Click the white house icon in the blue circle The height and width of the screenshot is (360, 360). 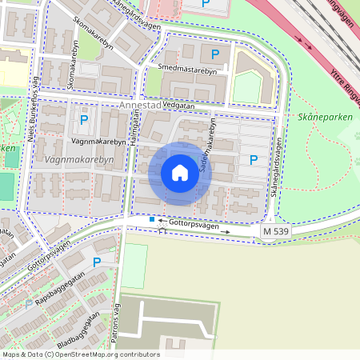click(180, 173)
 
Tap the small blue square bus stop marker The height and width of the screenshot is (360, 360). click(152, 218)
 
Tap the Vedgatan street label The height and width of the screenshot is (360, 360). click(178, 105)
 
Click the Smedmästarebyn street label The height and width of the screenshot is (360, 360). click(188, 70)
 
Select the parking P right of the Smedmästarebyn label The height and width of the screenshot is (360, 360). click(214, 54)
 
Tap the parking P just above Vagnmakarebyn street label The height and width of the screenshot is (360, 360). click(84, 121)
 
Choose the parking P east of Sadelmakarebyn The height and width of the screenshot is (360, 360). click(254, 159)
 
